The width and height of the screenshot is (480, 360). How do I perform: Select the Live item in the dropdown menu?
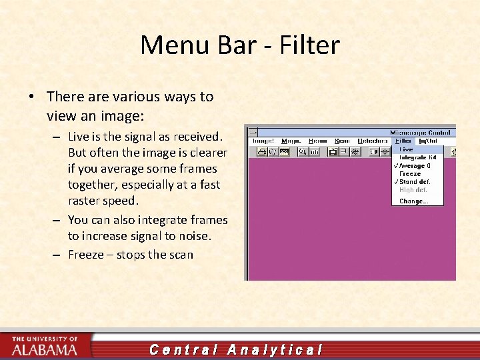coord(406,149)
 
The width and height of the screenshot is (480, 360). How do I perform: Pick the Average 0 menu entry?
coord(414,165)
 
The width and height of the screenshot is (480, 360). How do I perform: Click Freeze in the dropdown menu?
coord(410,173)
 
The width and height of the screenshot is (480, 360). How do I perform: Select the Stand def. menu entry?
coord(414,181)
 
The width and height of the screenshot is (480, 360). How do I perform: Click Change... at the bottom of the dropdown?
coord(413,201)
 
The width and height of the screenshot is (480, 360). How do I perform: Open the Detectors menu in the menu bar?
coord(373,141)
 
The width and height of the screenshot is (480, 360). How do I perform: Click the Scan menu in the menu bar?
coord(342,141)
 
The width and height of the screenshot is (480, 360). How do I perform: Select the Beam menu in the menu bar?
coord(318,141)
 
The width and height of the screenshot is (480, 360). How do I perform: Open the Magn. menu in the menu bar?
coord(291,141)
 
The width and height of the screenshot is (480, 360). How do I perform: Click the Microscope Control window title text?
coord(420,132)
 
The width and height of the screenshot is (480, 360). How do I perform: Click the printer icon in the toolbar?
coord(261,152)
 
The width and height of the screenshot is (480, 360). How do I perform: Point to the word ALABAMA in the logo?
coord(44,349)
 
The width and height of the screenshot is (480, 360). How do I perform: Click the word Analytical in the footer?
coord(275,349)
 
